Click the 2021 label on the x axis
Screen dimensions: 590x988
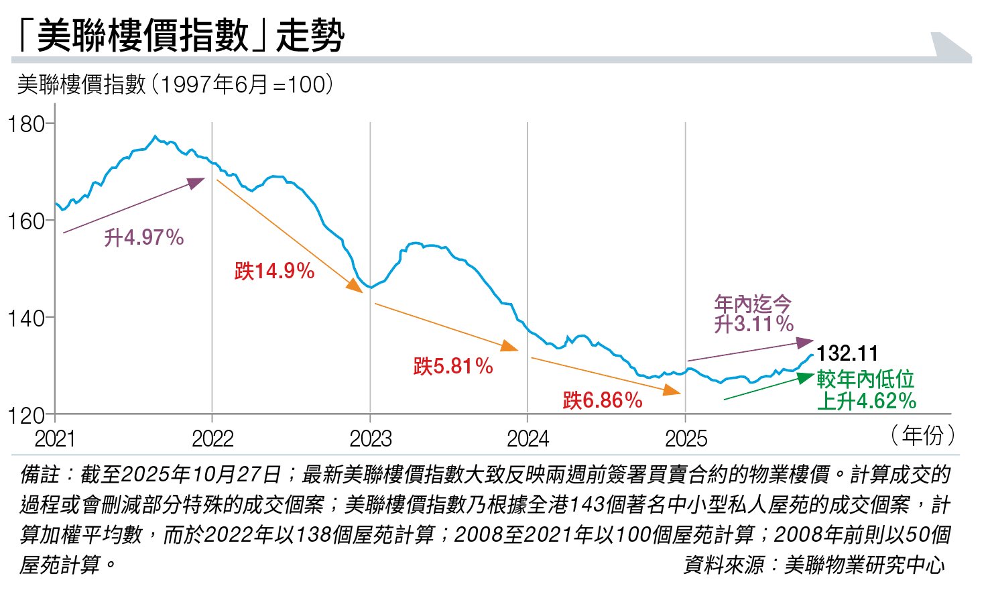[55, 439]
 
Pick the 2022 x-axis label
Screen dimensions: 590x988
[212, 439]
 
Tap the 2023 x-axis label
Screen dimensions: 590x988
[370, 439]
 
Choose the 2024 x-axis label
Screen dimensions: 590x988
[528, 439]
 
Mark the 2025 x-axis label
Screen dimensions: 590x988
[686, 439]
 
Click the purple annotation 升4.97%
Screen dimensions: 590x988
[143, 238]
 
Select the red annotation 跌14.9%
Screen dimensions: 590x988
[274, 271]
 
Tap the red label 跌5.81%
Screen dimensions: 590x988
[453, 366]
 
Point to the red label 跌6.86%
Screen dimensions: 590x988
[603, 400]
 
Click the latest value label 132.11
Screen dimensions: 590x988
[847, 353]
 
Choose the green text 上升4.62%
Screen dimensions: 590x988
[866, 401]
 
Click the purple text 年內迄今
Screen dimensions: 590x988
[753, 304]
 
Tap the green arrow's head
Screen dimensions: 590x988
[808, 377]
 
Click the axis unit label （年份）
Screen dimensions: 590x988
[922, 435]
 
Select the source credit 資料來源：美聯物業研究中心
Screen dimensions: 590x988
[814, 565]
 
